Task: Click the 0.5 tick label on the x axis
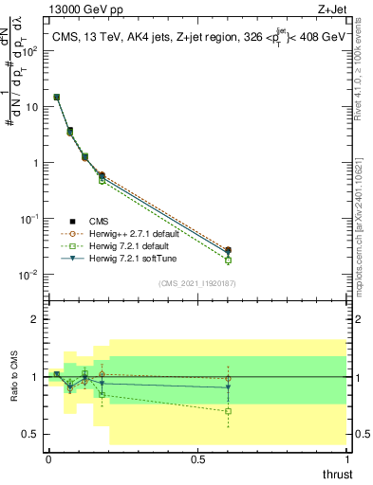(197, 458)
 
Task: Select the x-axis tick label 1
(346, 458)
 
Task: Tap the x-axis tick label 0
(48, 458)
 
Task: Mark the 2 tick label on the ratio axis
(34, 320)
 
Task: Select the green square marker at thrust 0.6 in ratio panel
(228, 411)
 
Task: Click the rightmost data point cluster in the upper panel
(228, 253)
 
